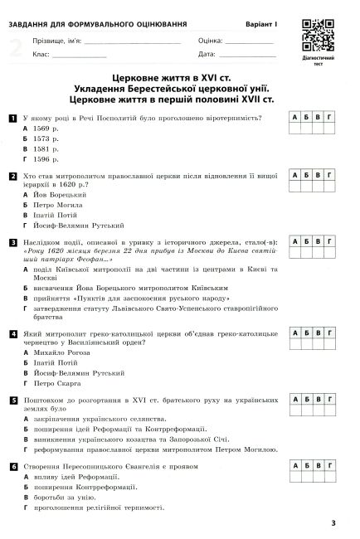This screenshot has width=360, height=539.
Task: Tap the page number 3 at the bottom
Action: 333,522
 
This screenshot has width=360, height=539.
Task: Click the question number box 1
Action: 12,119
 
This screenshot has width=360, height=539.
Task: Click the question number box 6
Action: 12,468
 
